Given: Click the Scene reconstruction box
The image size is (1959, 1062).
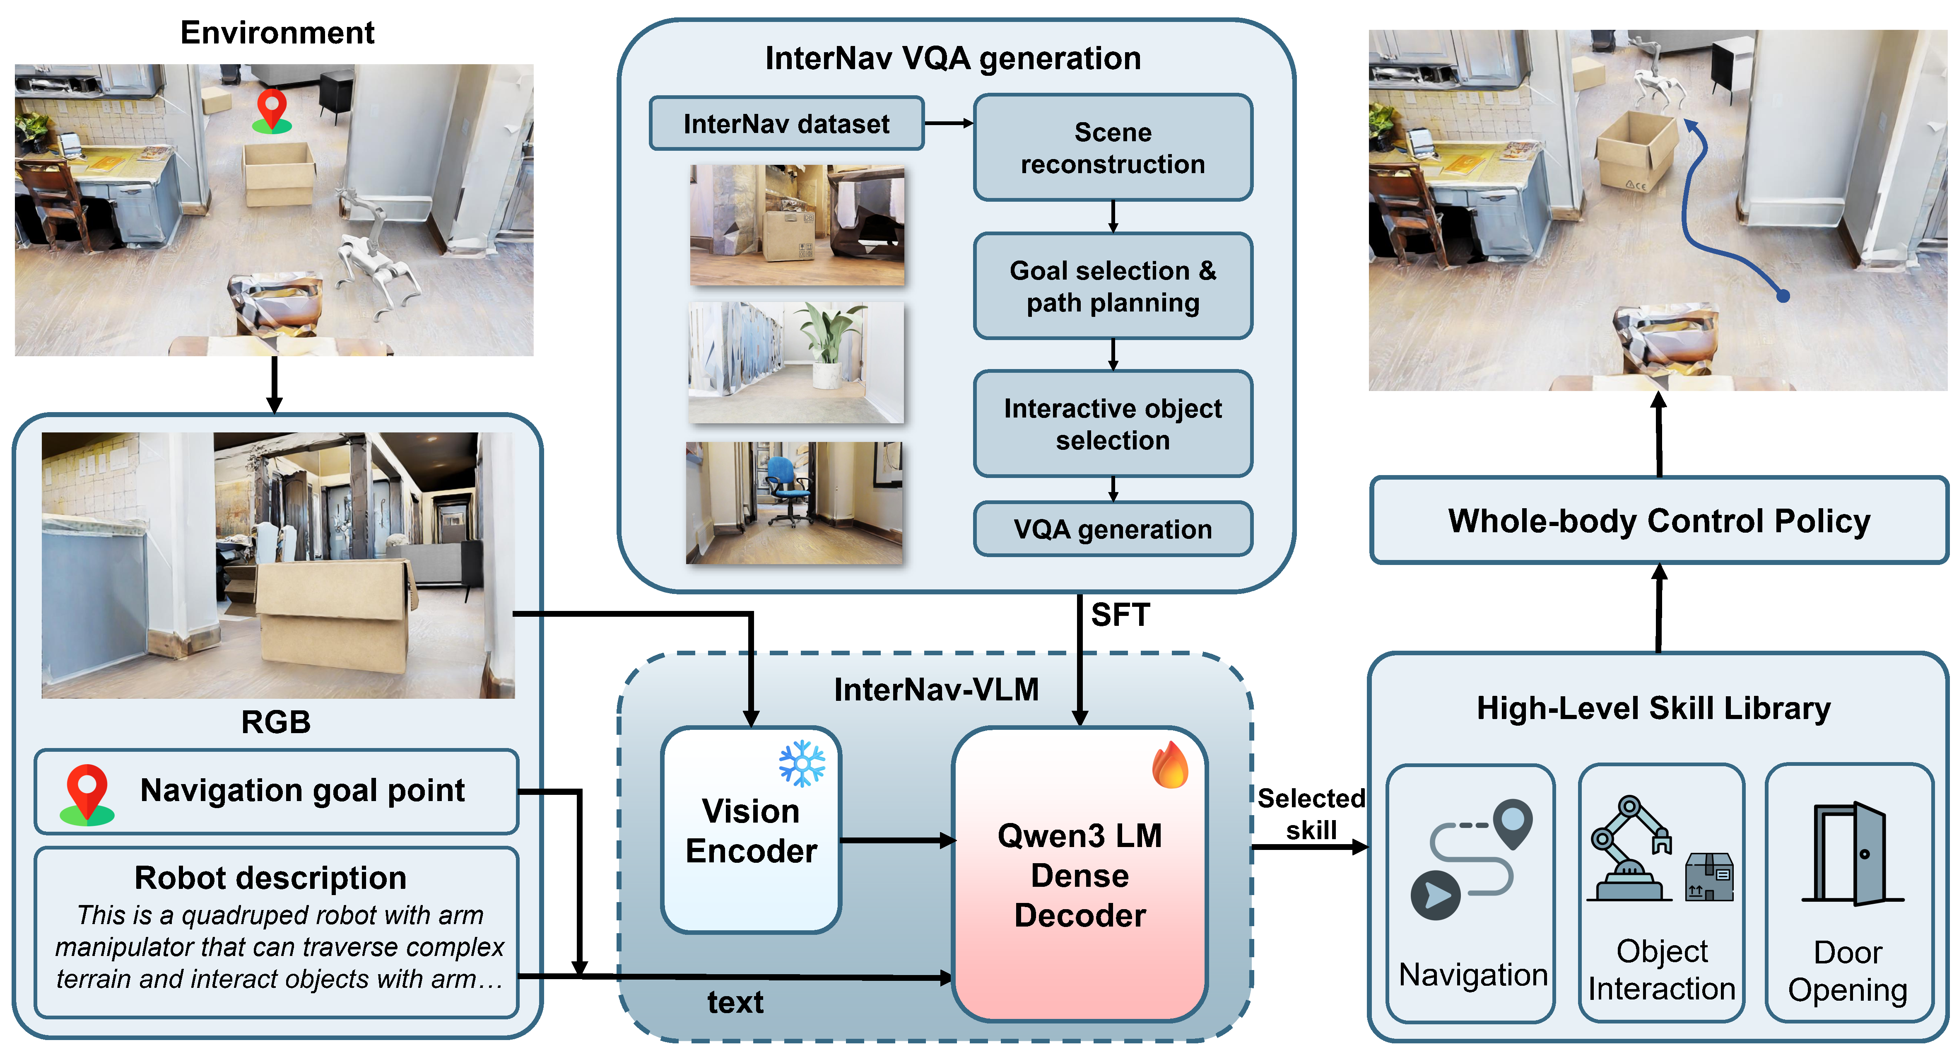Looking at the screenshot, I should point(1113,147).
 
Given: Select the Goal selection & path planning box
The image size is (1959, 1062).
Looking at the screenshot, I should point(1113,286).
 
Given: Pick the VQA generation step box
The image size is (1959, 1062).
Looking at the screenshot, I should point(1113,529).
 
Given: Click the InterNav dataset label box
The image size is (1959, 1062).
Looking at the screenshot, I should point(786,123).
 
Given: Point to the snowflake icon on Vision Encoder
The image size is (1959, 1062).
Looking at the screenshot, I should point(802,763).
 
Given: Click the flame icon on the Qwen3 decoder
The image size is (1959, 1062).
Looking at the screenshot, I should point(1170,765).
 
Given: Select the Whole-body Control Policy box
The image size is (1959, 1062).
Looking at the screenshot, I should point(1659,521).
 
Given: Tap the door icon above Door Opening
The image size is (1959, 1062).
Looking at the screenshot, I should point(1850,854).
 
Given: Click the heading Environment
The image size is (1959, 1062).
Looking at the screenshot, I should point(277,33).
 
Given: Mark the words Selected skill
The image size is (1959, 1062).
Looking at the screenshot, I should point(1311,814).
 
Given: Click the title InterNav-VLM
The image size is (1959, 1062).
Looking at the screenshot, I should point(936,689).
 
